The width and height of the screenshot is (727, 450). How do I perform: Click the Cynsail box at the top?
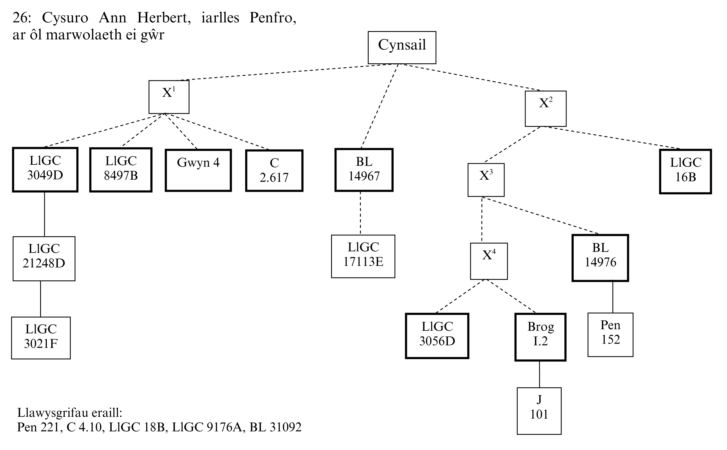point(402,48)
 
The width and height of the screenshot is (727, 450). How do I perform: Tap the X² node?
point(545,109)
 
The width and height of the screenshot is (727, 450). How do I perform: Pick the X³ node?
point(486,180)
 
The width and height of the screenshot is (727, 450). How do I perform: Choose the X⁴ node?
point(489,261)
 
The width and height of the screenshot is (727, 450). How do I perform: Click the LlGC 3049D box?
point(45,170)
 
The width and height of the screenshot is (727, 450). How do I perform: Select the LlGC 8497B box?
point(121,170)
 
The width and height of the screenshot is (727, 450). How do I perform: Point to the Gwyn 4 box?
point(198,170)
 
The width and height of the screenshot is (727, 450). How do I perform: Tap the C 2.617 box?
point(274,170)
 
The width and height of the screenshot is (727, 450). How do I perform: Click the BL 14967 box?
point(364,170)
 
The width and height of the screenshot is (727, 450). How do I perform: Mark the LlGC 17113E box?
point(363,256)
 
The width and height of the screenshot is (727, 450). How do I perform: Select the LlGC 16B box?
point(685,171)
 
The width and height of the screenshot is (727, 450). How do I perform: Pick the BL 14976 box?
point(600,258)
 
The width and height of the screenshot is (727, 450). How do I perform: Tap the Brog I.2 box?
point(540,337)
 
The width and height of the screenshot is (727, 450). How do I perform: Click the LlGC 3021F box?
point(41,338)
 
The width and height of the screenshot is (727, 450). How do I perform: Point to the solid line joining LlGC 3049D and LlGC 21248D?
point(45,214)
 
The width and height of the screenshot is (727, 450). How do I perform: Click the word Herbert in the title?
point(164,18)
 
